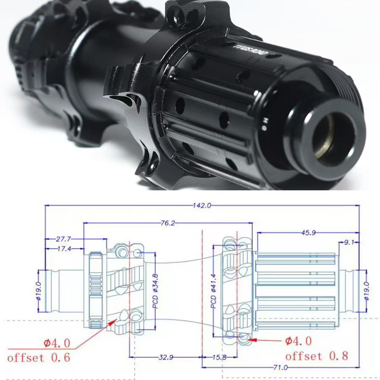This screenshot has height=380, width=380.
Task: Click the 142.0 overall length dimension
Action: (x=202, y=205)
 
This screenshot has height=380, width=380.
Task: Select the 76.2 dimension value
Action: (x=168, y=223)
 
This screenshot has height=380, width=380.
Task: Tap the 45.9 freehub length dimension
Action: (x=308, y=233)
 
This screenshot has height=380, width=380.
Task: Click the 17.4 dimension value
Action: (x=64, y=249)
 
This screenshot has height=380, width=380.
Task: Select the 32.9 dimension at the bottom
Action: (x=166, y=357)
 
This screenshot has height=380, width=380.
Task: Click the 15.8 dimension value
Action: (x=219, y=357)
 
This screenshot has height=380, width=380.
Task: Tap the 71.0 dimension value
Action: (x=280, y=368)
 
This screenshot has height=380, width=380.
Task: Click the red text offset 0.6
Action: (x=39, y=357)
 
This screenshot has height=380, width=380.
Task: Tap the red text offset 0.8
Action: (x=316, y=356)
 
